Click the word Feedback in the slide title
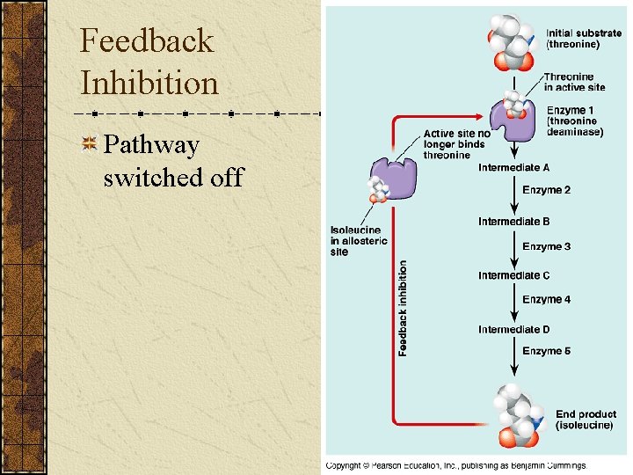tap(146, 41)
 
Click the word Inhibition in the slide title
tap(149, 84)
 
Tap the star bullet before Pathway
tap(89, 144)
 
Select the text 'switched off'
tap(172, 178)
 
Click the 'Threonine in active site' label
tap(574, 82)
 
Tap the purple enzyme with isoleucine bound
tap(390, 179)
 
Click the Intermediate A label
tap(514, 167)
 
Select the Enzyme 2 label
tap(546, 190)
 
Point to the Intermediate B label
tap(514, 222)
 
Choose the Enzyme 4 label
tap(546, 300)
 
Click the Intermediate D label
tap(514, 330)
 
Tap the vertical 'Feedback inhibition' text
tap(404, 308)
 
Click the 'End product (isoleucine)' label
tap(586, 420)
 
